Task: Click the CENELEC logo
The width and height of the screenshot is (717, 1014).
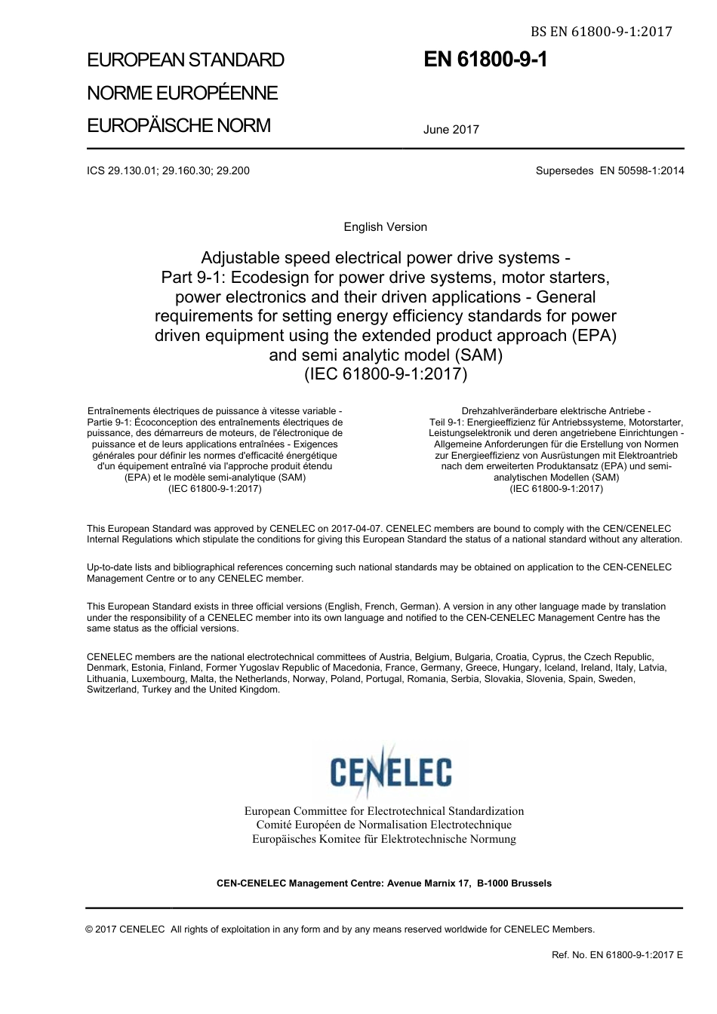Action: point(390,771)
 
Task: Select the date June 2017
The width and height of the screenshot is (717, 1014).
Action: point(451,130)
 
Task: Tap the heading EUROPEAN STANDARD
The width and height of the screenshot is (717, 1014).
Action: point(186,60)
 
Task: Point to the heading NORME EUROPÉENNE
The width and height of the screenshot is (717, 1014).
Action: point(182,94)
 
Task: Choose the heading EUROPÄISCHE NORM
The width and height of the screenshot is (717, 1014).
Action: point(178,126)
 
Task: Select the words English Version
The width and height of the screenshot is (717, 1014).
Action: point(385,227)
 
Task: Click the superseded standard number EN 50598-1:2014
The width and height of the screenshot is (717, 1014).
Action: point(642,171)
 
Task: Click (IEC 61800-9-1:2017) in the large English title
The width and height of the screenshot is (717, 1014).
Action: point(385,373)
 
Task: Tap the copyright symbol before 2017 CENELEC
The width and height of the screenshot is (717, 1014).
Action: point(90,929)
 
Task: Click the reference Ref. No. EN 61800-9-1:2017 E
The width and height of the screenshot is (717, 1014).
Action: point(617,955)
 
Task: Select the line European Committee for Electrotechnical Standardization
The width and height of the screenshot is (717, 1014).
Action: point(383,811)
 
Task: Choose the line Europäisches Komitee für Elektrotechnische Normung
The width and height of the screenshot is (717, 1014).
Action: point(383,839)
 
